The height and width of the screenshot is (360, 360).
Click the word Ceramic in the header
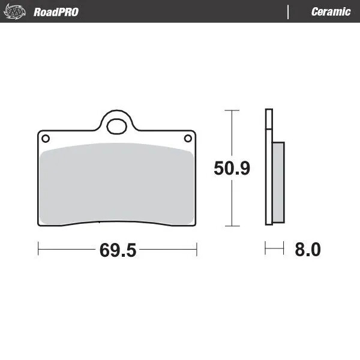coord(331,12)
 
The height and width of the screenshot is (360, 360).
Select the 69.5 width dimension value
coord(118,250)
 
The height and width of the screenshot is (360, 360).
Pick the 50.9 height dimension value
coord(232,169)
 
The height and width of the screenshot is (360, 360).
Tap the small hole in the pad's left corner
coord(45,139)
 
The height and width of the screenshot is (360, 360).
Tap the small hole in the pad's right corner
coord(187,139)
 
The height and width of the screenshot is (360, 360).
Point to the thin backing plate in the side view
coord(268,168)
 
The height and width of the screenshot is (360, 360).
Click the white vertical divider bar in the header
coord(289,12)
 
